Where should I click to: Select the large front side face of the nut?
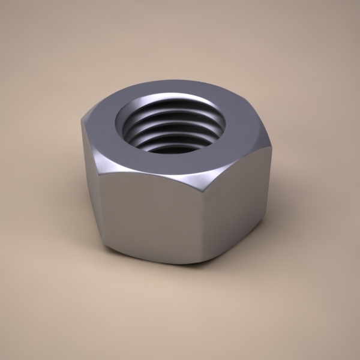(x=150, y=216)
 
